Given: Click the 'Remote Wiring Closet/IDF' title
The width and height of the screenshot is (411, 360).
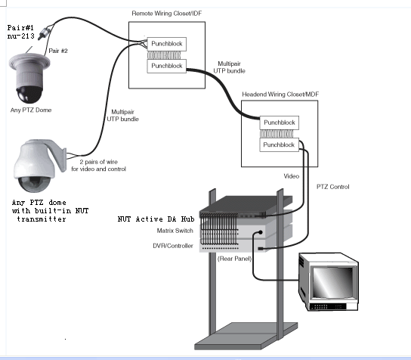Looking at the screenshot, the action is click(x=167, y=14).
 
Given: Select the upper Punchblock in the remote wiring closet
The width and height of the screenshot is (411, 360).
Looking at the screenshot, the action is click(x=167, y=44).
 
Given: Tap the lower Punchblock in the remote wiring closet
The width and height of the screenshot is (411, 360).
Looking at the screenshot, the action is click(x=167, y=66).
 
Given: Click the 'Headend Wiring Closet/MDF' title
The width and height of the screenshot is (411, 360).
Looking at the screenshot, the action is click(x=280, y=95).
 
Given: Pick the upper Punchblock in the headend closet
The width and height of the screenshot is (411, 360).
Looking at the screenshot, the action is click(x=279, y=123).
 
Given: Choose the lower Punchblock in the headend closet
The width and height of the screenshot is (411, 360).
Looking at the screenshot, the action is click(x=279, y=145).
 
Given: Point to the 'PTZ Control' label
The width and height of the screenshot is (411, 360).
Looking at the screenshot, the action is click(x=333, y=187).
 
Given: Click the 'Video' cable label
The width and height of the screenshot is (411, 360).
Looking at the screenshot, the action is click(x=292, y=176).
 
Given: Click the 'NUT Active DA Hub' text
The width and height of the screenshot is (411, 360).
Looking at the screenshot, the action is click(x=156, y=219).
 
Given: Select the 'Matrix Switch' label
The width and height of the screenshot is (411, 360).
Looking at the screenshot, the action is click(x=175, y=231).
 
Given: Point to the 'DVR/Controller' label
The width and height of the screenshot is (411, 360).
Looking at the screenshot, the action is click(x=173, y=246).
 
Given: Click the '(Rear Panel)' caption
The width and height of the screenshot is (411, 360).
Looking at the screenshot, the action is click(x=234, y=259).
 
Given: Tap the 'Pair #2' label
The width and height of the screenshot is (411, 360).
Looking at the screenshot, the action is click(x=58, y=51).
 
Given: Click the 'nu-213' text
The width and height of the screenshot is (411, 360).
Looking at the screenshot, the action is click(x=20, y=36).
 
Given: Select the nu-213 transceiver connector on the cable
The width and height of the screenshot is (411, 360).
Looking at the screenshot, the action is click(x=45, y=33).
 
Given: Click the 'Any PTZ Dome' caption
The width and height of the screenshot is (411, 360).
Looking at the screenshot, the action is click(x=31, y=110).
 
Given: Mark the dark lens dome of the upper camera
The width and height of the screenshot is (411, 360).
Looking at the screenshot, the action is click(x=29, y=95).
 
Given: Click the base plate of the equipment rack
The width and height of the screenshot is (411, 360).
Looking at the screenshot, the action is click(x=246, y=336).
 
